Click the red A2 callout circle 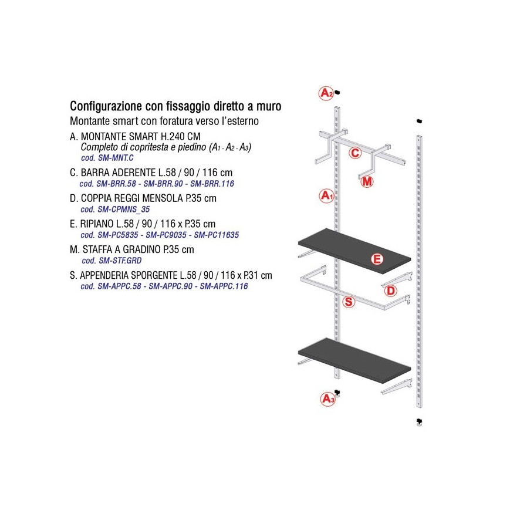[326, 93]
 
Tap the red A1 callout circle [326, 196]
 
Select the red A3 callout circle [327, 398]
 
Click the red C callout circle [355, 153]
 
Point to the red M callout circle [367, 181]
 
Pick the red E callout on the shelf [377, 259]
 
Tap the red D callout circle [390, 291]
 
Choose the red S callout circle [349, 302]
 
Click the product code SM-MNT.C [116, 158]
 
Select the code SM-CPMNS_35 [124, 209]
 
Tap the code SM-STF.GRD [120, 261]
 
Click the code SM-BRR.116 [212, 184]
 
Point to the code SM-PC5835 [118, 235]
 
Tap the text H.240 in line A [172, 136]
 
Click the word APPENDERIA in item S [104, 275]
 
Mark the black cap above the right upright [419, 121]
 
